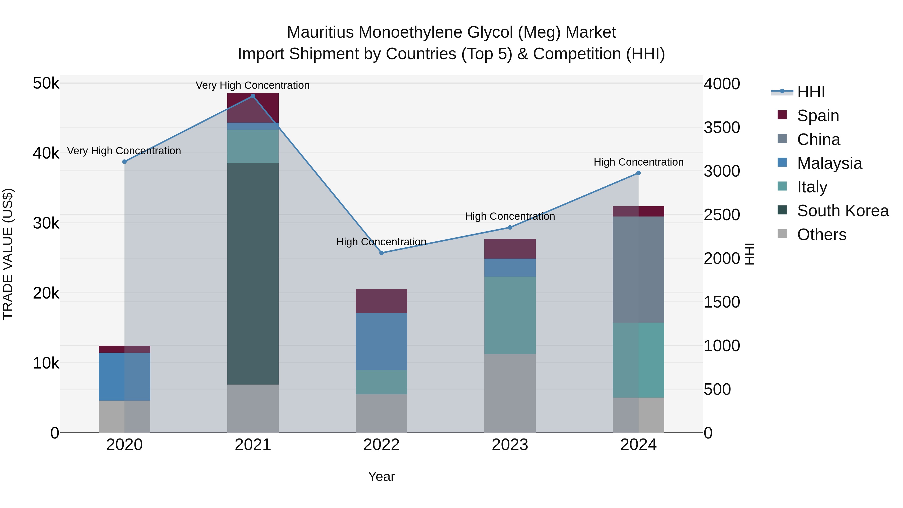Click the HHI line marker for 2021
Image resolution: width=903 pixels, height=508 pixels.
tap(253, 96)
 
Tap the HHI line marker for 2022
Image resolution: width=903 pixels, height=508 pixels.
tap(381, 253)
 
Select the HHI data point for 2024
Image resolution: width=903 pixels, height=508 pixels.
tap(638, 173)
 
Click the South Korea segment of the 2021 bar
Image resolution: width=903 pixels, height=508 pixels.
tap(253, 273)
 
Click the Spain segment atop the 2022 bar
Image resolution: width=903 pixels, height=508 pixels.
tap(381, 301)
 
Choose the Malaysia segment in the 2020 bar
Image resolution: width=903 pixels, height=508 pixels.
tap(124, 377)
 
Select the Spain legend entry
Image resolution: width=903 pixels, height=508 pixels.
tap(817, 116)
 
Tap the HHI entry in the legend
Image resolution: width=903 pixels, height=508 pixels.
tap(810, 92)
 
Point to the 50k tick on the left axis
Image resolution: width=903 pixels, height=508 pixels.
tap(46, 84)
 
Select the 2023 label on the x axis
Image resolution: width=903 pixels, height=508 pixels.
tap(510, 445)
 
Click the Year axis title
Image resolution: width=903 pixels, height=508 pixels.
tap(381, 476)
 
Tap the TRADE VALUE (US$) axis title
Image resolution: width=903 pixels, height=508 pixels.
tap(8, 254)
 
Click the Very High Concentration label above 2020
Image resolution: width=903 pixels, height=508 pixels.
tap(124, 151)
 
